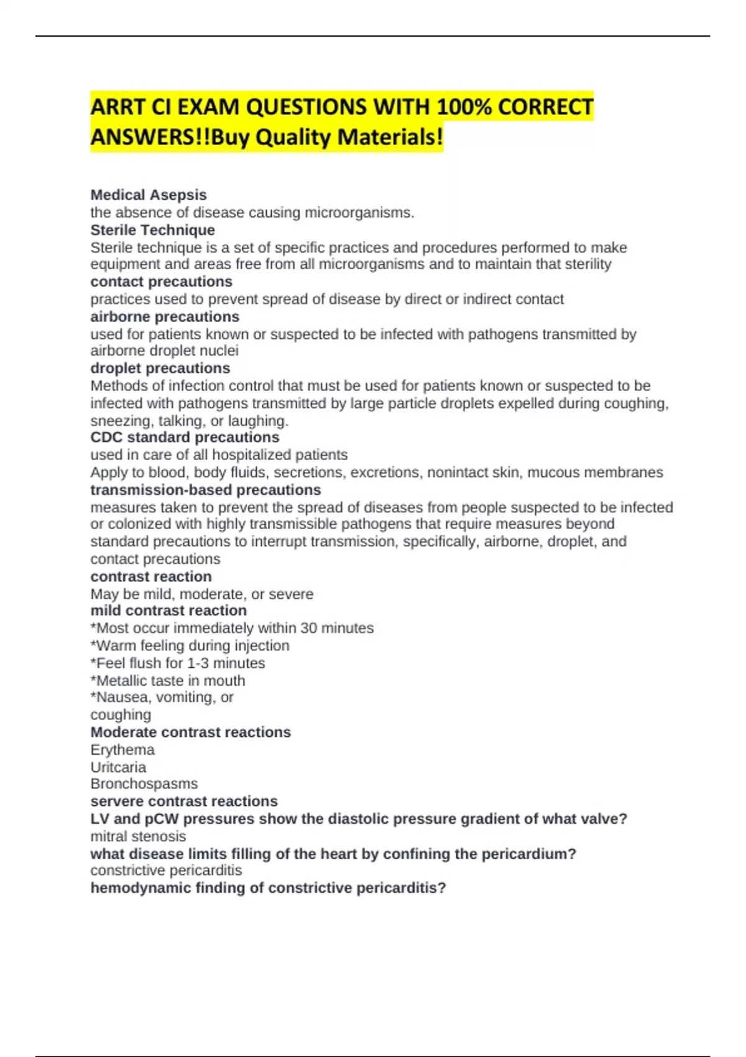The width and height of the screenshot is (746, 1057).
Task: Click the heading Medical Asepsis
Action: (149, 195)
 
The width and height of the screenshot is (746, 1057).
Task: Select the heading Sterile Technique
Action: (153, 230)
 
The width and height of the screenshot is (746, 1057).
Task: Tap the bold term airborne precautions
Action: (165, 316)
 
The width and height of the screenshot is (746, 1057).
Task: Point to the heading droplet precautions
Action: (160, 368)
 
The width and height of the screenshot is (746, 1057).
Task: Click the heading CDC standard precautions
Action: (185, 437)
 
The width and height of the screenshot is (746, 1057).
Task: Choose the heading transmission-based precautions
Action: (206, 490)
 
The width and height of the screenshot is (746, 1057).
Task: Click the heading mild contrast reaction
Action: (168, 611)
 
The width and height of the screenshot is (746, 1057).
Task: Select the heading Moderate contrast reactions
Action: (190, 732)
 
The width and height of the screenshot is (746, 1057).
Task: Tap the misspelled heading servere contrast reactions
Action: (184, 801)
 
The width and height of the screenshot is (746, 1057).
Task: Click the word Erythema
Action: (122, 750)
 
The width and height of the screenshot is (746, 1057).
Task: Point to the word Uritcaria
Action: (118, 767)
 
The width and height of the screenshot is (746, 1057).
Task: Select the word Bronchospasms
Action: (144, 784)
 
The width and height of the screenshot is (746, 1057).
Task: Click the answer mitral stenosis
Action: (138, 836)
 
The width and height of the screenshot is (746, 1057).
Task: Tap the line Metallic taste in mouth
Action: (168, 681)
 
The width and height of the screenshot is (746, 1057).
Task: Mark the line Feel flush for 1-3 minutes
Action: (178, 663)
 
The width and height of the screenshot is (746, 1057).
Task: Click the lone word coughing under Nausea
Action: (121, 715)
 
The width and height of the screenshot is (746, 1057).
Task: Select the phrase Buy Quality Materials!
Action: (328, 137)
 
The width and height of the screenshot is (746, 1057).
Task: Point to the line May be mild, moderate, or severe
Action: (202, 594)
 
